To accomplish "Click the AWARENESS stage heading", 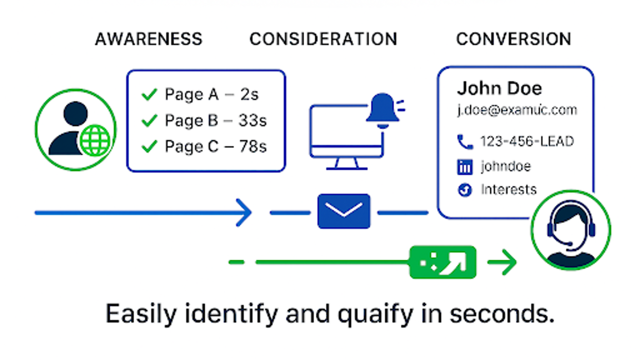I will pos(149,39).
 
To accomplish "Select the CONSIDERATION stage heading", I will pos(323,39).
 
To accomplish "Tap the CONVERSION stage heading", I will pos(513,39).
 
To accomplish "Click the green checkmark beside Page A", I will pos(149,95).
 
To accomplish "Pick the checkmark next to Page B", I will pos(149,120).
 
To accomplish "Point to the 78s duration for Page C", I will pos(253,147).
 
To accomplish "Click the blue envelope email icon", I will pos(344,211).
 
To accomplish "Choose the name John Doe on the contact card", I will pos(499,88).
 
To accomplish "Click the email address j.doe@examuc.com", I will pos(517,110).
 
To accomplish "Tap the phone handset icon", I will pos(465,141).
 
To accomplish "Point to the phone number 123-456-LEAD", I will pos(527,141).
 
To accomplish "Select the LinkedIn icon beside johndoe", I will pos(465,167).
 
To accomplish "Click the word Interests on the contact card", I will pos(508,189).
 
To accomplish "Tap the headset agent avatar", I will pos(571,229).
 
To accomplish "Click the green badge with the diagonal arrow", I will pos(443,262).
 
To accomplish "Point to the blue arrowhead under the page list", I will pos(244,212).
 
